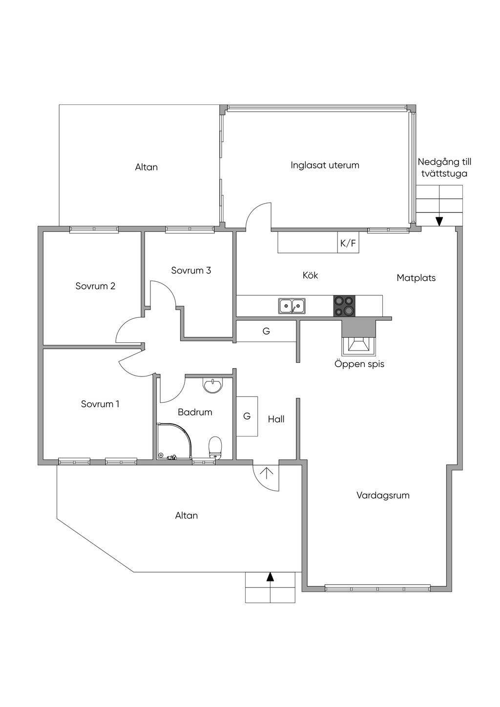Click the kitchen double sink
[292, 306]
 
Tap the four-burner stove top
[344, 306]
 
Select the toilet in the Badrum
[215, 447]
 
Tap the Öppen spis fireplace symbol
[359, 346]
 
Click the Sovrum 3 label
[191, 270]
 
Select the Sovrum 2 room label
[95, 286]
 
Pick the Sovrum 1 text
[100, 404]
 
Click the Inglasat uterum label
[325, 166]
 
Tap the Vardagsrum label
[383, 495]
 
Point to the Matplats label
[416, 278]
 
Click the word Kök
[310, 275]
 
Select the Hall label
[276, 419]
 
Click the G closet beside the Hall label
[247, 416]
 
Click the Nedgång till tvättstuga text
[444, 168]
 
